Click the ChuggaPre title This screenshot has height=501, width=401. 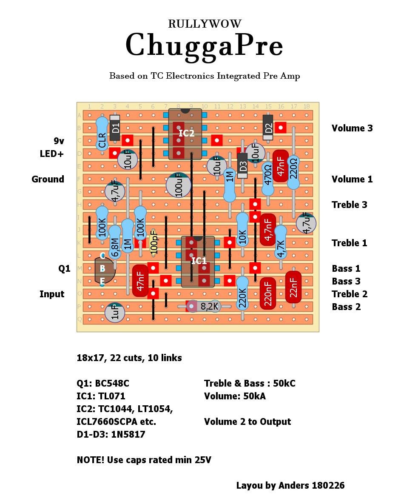tap(204, 45)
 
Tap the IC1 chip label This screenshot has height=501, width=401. tap(199, 261)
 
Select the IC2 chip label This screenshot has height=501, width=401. tap(186, 133)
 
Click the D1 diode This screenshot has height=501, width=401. tap(115, 128)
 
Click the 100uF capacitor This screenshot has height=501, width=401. tap(179, 185)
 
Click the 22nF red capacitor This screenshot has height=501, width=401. tap(293, 287)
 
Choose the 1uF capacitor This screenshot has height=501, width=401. tap(115, 313)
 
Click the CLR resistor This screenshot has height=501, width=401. tap(102, 134)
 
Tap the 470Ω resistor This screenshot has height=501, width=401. tap(267, 174)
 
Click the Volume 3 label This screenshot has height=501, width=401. tap(352, 128)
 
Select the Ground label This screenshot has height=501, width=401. tap(48, 179)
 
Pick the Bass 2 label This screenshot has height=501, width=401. tap(346, 307)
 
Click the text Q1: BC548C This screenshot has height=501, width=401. tap(103, 383)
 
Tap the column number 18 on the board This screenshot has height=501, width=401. tap(306, 106)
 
